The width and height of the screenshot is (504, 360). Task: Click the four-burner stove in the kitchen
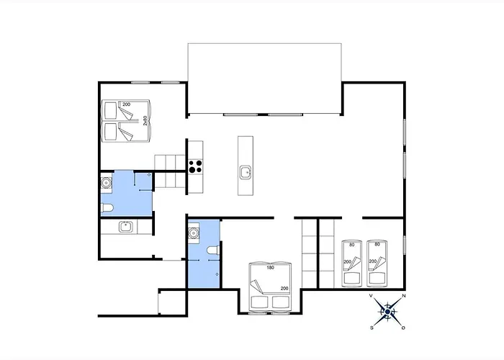(x=195, y=166)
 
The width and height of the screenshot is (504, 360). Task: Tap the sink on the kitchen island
(x=246, y=171)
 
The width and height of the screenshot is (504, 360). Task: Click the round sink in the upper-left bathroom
(x=106, y=183)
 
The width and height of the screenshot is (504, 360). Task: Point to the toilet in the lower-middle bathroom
(x=210, y=251)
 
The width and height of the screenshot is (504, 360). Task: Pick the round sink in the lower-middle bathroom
(x=193, y=233)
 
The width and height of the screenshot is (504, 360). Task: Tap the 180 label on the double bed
(x=269, y=269)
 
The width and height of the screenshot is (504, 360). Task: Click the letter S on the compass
(x=372, y=327)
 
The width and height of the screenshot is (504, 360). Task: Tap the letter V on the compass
(x=371, y=296)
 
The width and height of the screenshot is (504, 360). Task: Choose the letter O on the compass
(x=403, y=328)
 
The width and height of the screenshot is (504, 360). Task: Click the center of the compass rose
(x=387, y=312)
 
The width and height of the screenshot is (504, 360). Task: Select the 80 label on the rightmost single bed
(x=377, y=244)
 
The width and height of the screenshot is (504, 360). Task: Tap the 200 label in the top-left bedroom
(x=126, y=105)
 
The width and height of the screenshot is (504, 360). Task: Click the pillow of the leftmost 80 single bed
(x=351, y=275)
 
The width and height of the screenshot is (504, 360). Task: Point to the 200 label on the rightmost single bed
(x=373, y=262)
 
